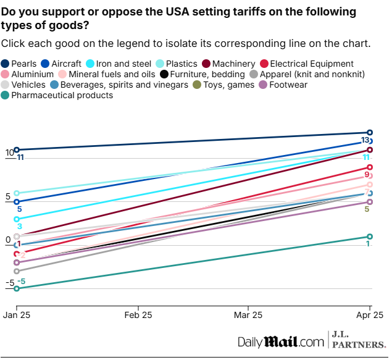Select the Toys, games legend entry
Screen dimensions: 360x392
[x=225, y=85]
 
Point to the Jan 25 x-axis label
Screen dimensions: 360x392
[x=17, y=315]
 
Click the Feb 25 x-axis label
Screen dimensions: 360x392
[x=138, y=315]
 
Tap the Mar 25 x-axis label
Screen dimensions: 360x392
[x=248, y=315]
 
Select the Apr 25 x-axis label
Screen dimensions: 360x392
[x=369, y=315]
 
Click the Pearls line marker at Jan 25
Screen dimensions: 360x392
[x=17, y=149]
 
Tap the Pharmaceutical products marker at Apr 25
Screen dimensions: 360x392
[x=370, y=237]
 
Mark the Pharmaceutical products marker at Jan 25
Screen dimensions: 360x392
[x=17, y=288]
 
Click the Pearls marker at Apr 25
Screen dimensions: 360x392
[x=370, y=132]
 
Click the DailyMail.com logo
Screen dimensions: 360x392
[x=281, y=341]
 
